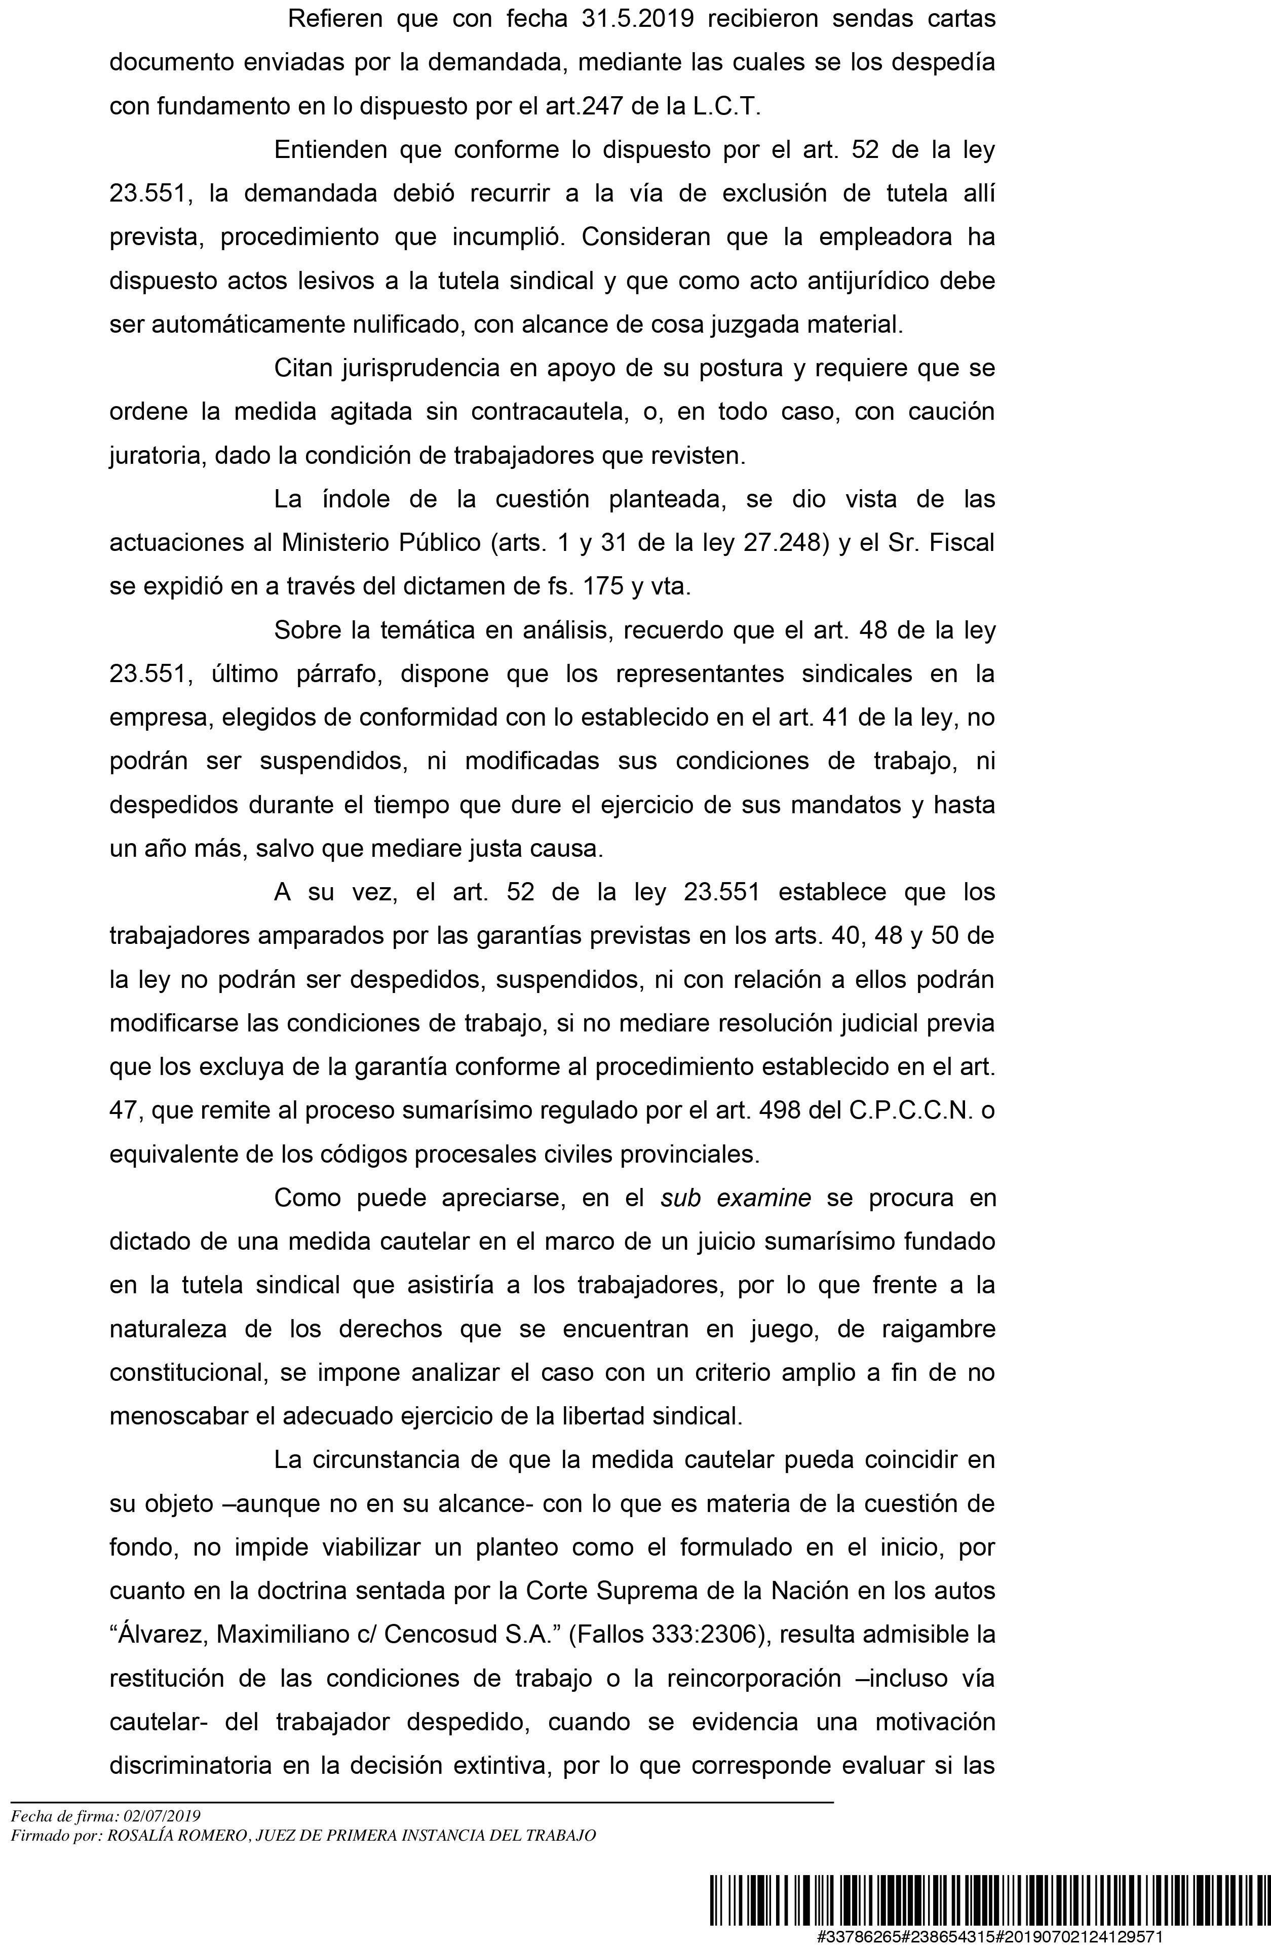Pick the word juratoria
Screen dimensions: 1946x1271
(x=158, y=455)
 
